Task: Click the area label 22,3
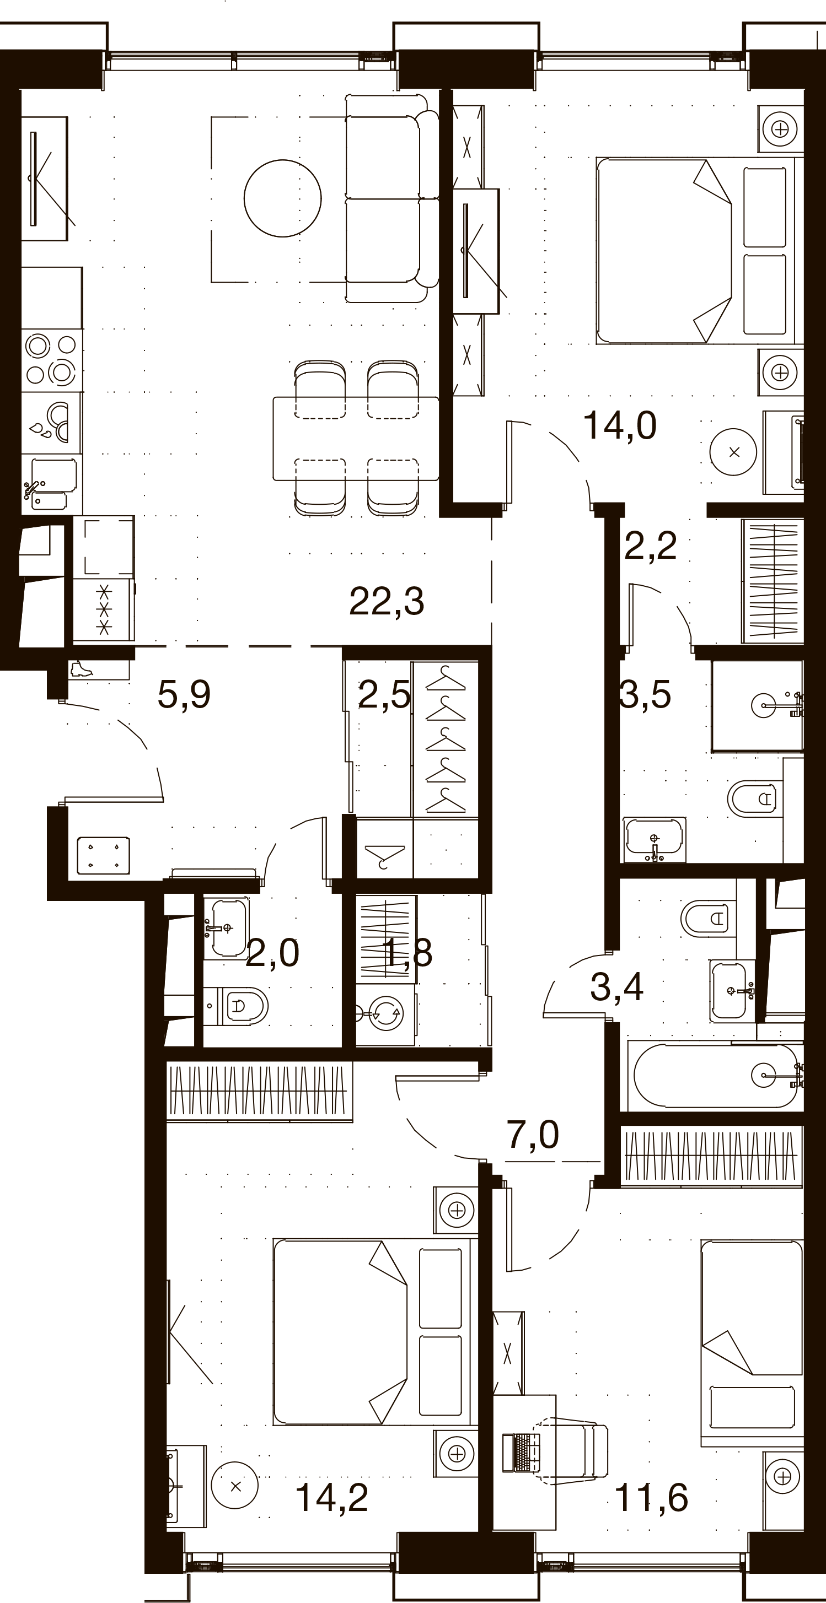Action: point(387,601)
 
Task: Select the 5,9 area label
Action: point(184,694)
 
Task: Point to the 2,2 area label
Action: point(650,546)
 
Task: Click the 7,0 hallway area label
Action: point(533,1135)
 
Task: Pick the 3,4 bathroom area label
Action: point(616,986)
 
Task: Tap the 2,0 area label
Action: point(272,953)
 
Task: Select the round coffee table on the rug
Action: point(283,198)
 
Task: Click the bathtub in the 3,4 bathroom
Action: point(715,1075)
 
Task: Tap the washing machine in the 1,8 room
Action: point(386,1014)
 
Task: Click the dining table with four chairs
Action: point(356,438)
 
